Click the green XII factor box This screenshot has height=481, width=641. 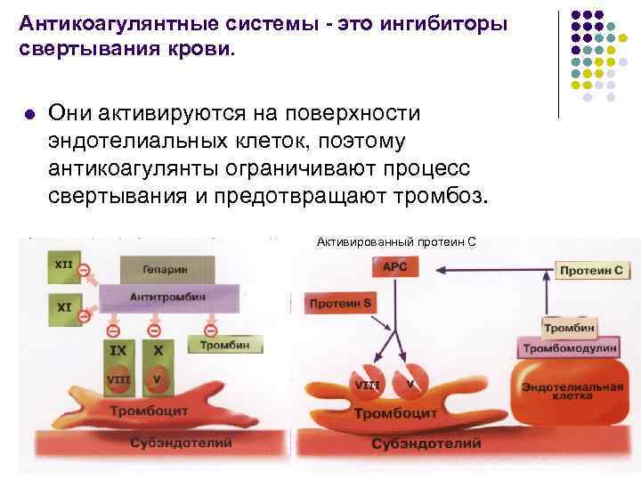coord(63,265)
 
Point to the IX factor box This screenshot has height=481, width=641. coord(118,351)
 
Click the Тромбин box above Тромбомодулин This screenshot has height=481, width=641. coord(570,328)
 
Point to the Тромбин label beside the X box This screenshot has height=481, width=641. coord(217,345)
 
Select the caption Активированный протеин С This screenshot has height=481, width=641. coord(396,240)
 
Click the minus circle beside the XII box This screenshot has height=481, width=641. coord(84,269)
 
